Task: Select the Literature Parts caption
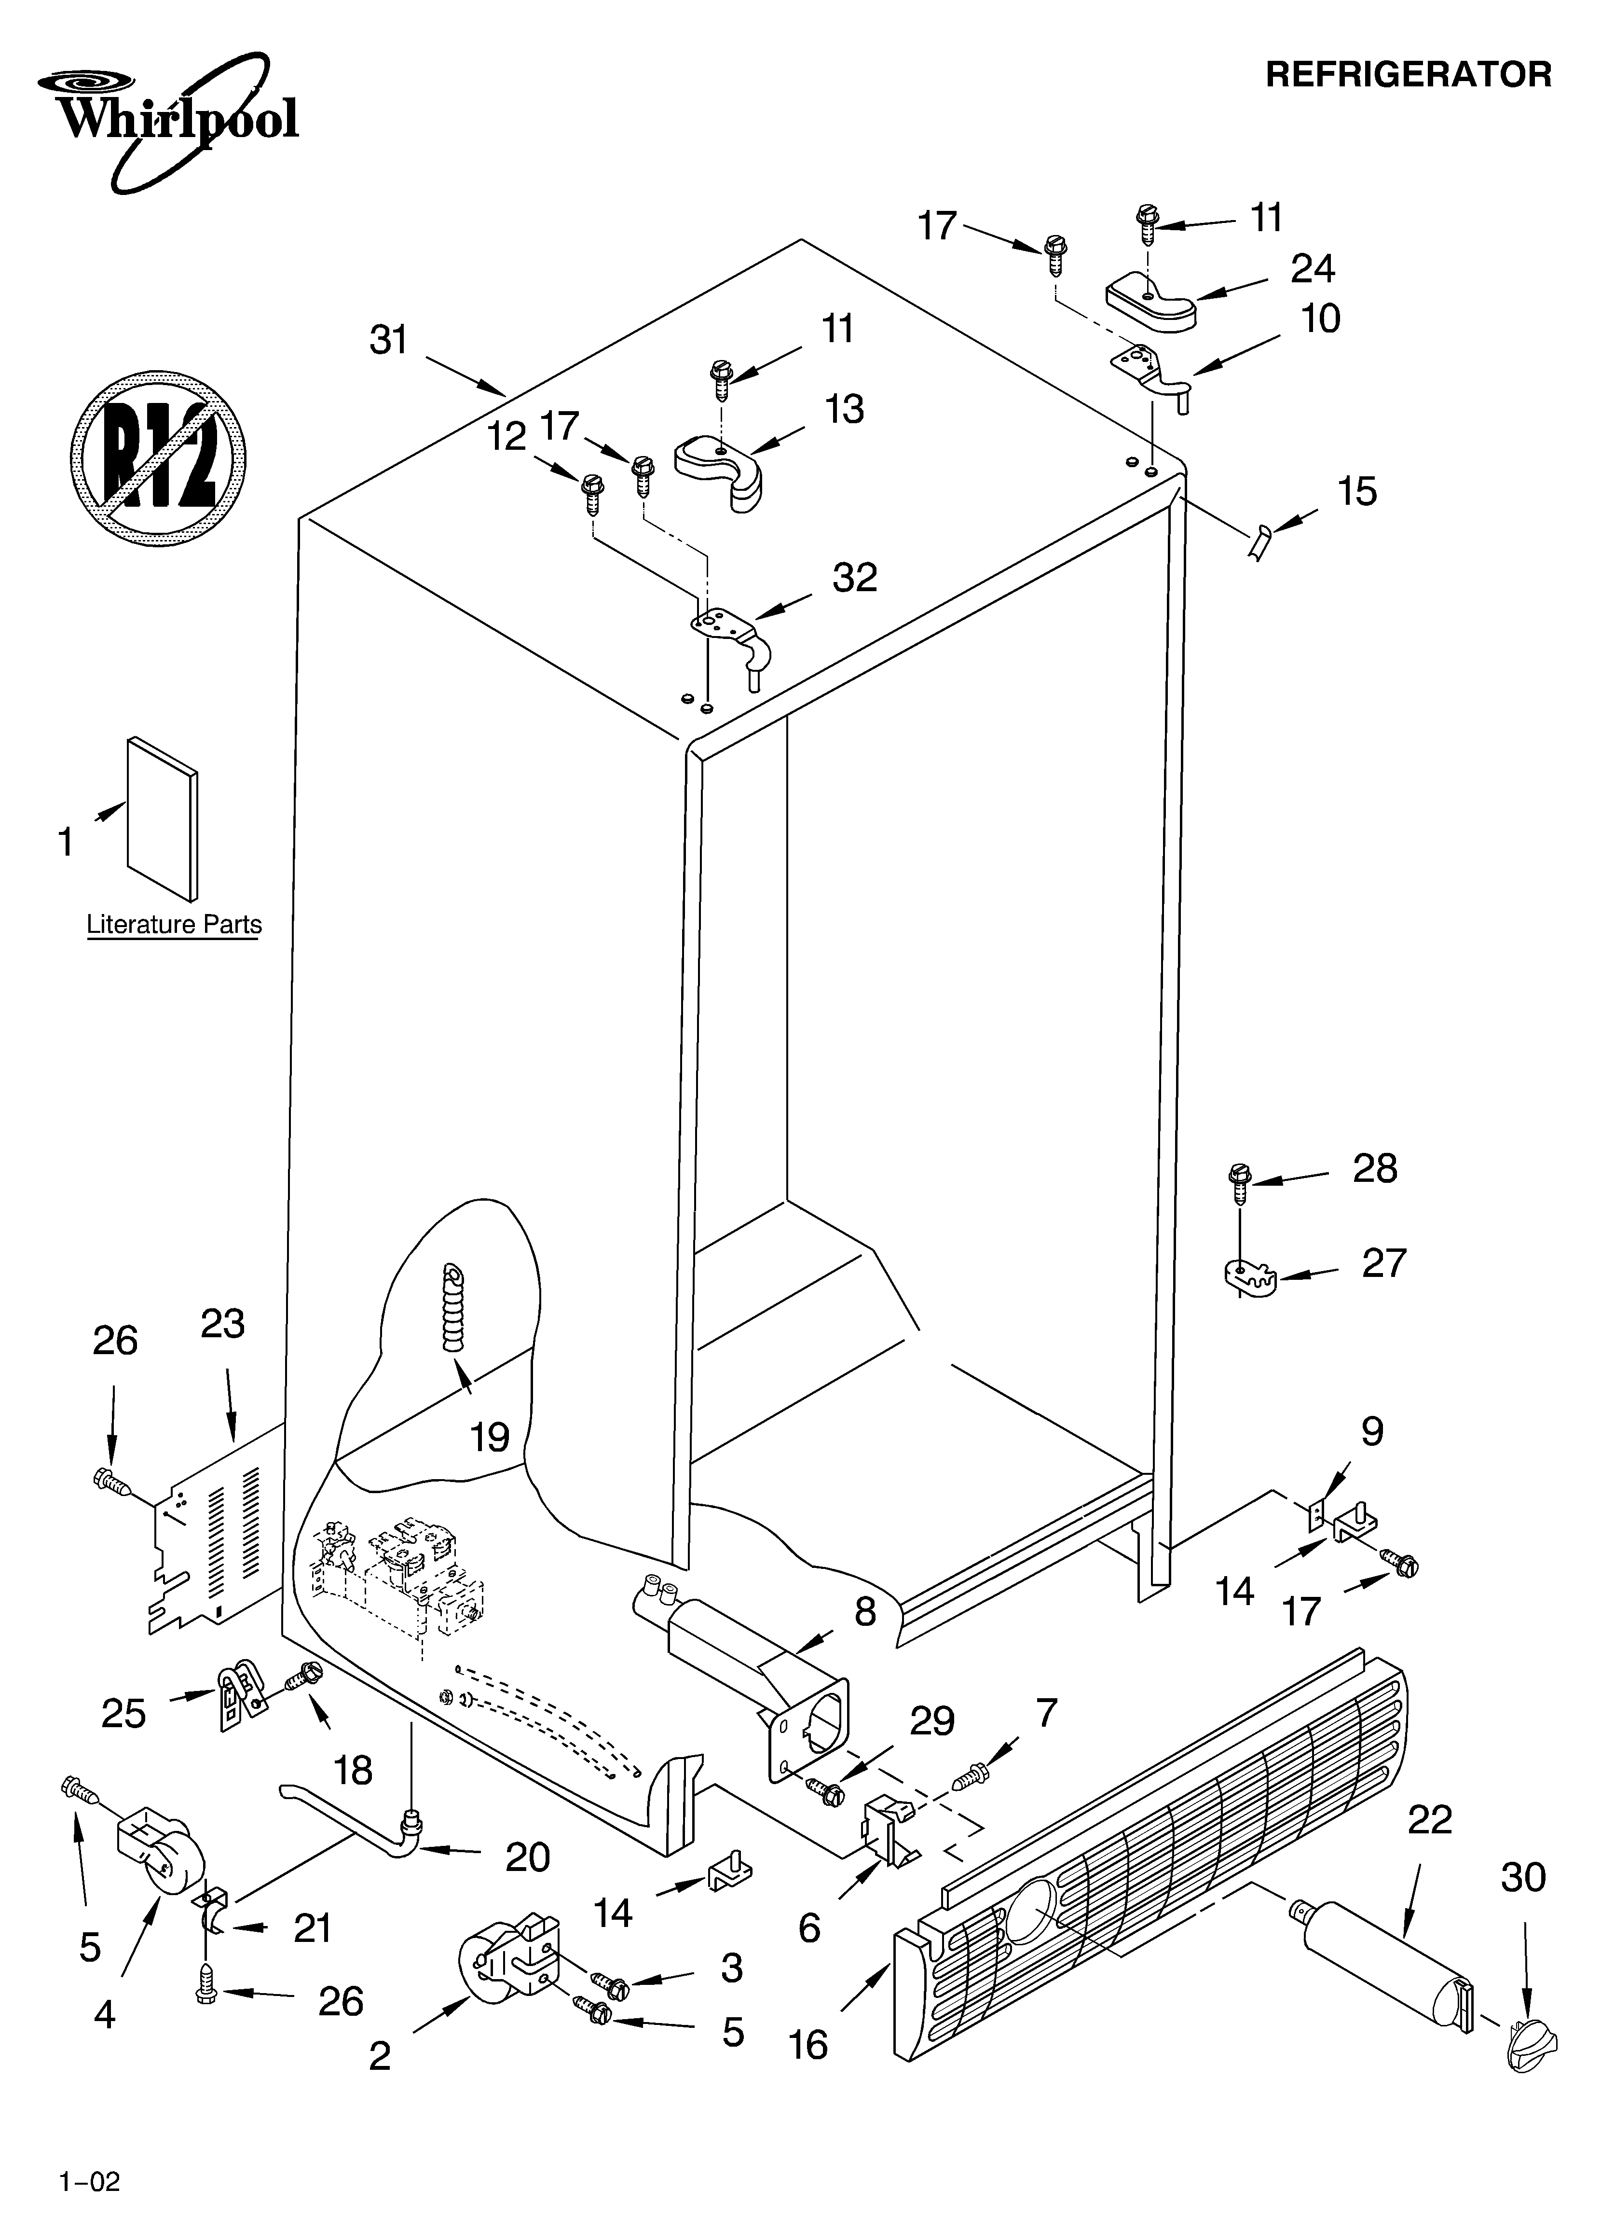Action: click(x=174, y=925)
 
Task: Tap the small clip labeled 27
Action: click(x=1249, y=1279)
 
